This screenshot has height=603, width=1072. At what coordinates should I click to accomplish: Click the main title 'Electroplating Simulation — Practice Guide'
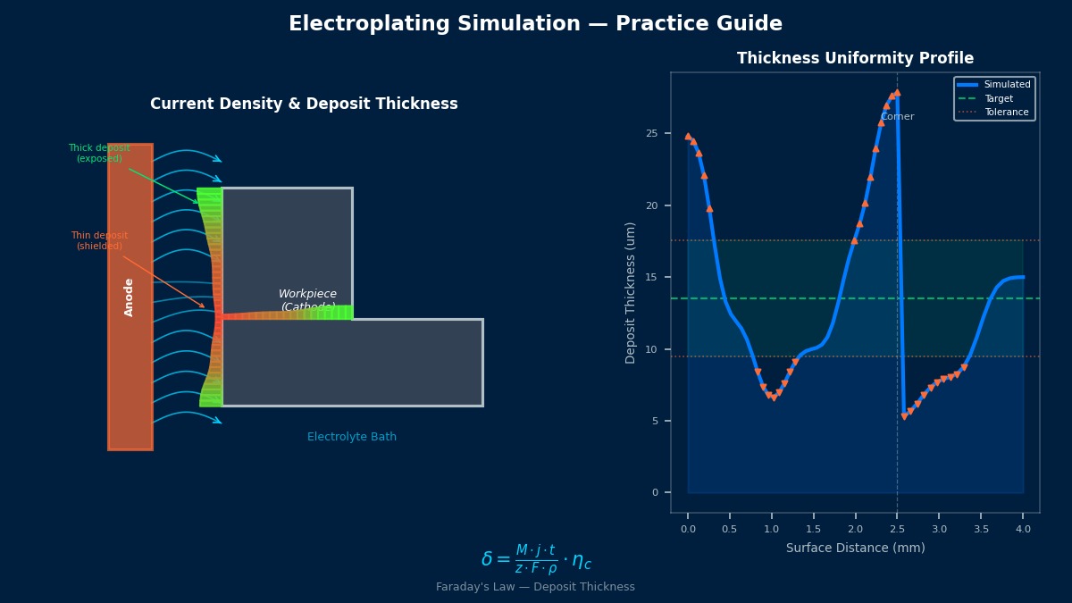click(x=535, y=24)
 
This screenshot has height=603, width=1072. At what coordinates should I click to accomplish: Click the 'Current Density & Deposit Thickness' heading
click(x=304, y=105)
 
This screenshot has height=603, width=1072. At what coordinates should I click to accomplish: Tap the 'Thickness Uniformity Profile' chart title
click(x=855, y=59)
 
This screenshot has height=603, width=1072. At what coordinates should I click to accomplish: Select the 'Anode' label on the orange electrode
click(x=130, y=297)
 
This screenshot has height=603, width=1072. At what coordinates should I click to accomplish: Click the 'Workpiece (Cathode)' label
click(x=307, y=300)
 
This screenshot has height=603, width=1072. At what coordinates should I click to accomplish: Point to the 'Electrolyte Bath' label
click(x=351, y=437)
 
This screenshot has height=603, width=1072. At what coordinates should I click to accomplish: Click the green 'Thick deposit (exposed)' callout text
click(x=99, y=154)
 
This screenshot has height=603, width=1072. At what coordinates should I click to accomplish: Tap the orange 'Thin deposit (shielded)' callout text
click(x=99, y=241)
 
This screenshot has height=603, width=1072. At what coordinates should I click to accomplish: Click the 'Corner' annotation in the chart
click(x=897, y=117)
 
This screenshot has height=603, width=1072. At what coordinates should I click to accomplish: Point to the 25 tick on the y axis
click(x=652, y=134)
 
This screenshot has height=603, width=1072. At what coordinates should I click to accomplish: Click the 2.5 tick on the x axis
click(x=897, y=530)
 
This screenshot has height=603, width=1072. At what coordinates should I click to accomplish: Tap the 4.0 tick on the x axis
click(x=1023, y=530)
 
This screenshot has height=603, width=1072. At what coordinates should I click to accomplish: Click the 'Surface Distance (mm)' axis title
click(x=855, y=548)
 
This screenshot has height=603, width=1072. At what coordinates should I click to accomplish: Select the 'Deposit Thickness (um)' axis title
click(x=631, y=293)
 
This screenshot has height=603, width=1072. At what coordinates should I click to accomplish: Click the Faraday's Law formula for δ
click(x=535, y=559)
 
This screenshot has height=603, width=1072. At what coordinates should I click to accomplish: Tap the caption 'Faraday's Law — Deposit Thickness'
click(x=535, y=587)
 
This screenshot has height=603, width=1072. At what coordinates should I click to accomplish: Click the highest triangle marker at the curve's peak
click(x=897, y=93)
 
